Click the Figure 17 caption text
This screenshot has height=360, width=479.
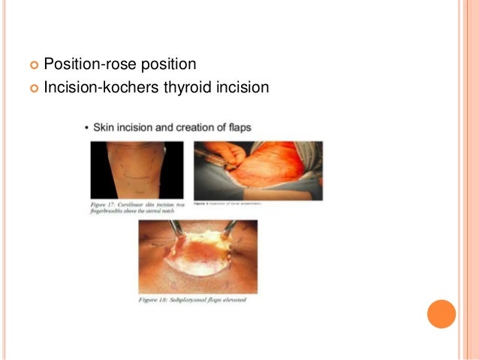tap(132, 207)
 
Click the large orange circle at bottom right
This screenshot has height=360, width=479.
tap(441, 313)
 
